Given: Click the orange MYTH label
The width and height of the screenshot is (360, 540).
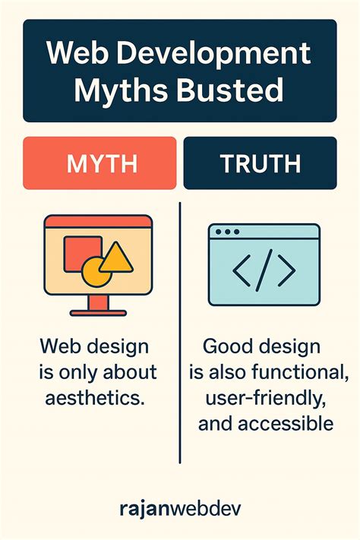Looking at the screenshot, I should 99,163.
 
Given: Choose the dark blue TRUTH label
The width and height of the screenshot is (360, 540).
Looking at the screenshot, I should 260,163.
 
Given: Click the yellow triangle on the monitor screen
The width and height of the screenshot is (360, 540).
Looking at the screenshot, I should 116,258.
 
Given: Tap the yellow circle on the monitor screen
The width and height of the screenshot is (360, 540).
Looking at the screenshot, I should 96,270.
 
